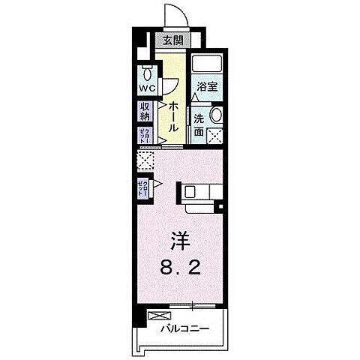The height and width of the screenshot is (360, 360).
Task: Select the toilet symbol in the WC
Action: coord(147,74)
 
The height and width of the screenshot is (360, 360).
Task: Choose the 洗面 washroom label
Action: coord(199,125)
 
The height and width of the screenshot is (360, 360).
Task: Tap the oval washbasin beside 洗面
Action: coord(216,116)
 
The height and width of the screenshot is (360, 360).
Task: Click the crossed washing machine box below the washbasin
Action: coord(215,136)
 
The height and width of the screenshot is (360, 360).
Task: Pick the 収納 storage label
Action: coord(145,112)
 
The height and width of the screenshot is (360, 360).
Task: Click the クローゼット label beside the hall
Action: coord(144,136)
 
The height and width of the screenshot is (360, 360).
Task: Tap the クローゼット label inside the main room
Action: coord(143,187)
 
